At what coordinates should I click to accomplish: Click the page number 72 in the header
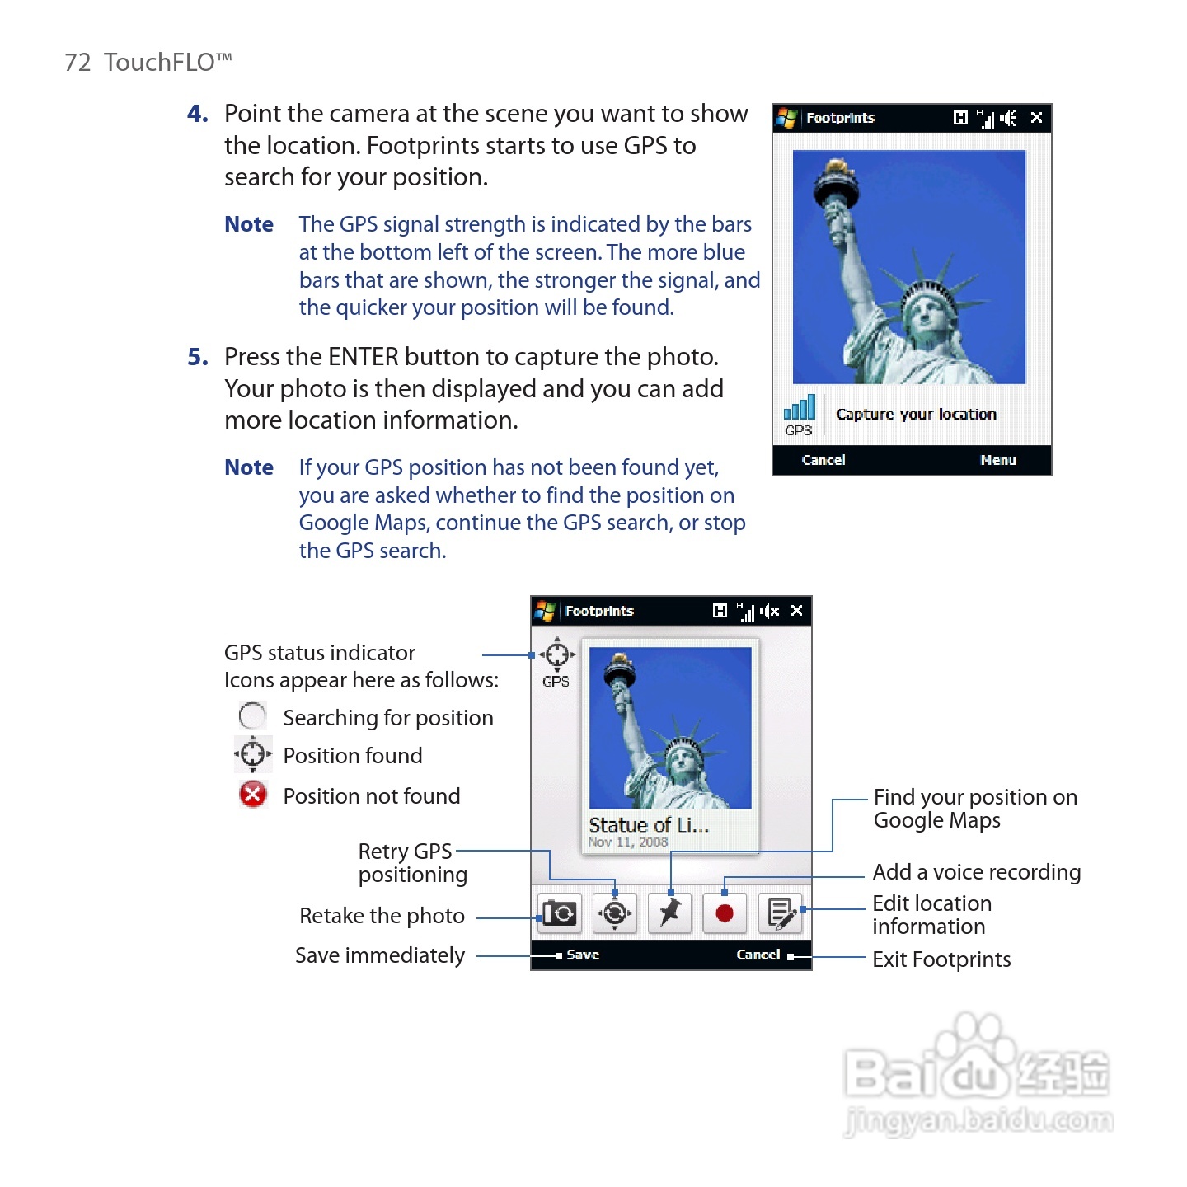pos(77,63)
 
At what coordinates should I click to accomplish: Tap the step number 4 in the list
pos(197,114)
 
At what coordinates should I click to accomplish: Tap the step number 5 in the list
pos(197,357)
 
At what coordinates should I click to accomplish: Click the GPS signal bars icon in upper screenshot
pos(799,407)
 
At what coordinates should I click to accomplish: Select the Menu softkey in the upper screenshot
pos(997,460)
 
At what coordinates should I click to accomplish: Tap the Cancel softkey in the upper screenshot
pos(823,460)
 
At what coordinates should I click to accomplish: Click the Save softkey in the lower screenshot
pos(582,955)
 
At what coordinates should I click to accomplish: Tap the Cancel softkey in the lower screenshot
pos(758,955)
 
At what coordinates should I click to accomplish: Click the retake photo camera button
pos(559,913)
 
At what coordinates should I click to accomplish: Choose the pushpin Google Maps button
pos(669,913)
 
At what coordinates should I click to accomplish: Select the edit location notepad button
pos(780,913)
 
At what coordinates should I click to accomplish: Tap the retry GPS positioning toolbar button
pos(614,913)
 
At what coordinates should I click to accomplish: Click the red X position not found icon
pos(253,795)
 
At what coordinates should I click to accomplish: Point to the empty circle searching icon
pos(252,715)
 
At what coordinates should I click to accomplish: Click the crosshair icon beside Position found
pos(252,754)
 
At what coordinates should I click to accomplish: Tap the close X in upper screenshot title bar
pos(1036,118)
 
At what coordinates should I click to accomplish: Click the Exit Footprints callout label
pos(941,959)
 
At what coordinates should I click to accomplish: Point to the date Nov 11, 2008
pos(628,842)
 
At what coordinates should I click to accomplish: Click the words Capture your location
pos(916,414)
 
